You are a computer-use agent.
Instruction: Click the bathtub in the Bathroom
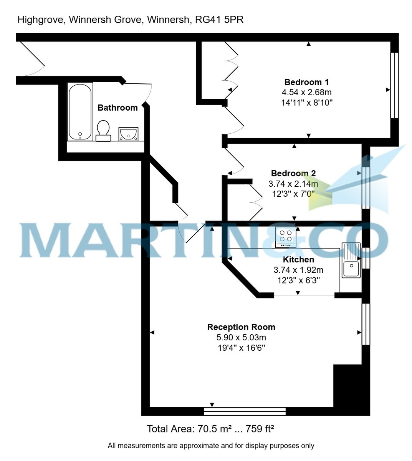pyautogui.click(x=80, y=112)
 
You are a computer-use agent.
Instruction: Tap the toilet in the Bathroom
pyautogui.click(x=103, y=131)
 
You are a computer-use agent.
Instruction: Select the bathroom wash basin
pyautogui.click(x=128, y=134)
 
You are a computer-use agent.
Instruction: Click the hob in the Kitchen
pyautogui.click(x=286, y=237)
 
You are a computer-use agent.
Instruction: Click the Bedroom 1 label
pyautogui.click(x=306, y=82)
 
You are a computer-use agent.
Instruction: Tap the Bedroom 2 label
pyautogui.click(x=293, y=173)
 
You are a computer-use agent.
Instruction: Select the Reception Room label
pyautogui.click(x=241, y=327)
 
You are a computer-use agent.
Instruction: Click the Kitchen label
pyautogui.click(x=298, y=260)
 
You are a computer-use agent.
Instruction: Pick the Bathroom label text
pyautogui.click(x=117, y=108)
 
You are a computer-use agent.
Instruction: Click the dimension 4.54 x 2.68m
pyautogui.click(x=306, y=92)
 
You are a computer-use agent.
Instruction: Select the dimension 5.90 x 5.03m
pyautogui.click(x=241, y=338)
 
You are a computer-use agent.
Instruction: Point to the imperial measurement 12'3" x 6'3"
pyautogui.click(x=298, y=280)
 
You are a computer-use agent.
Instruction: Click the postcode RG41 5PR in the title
pyautogui.click(x=219, y=20)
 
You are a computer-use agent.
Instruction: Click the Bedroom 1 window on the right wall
pyautogui.click(x=394, y=85)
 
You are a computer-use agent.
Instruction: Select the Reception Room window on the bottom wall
pyautogui.click(x=245, y=411)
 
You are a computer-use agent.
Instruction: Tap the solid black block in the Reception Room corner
pyautogui.click(x=351, y=388)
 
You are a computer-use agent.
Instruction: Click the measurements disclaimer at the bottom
pyautogui.click(x=211, y=446)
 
